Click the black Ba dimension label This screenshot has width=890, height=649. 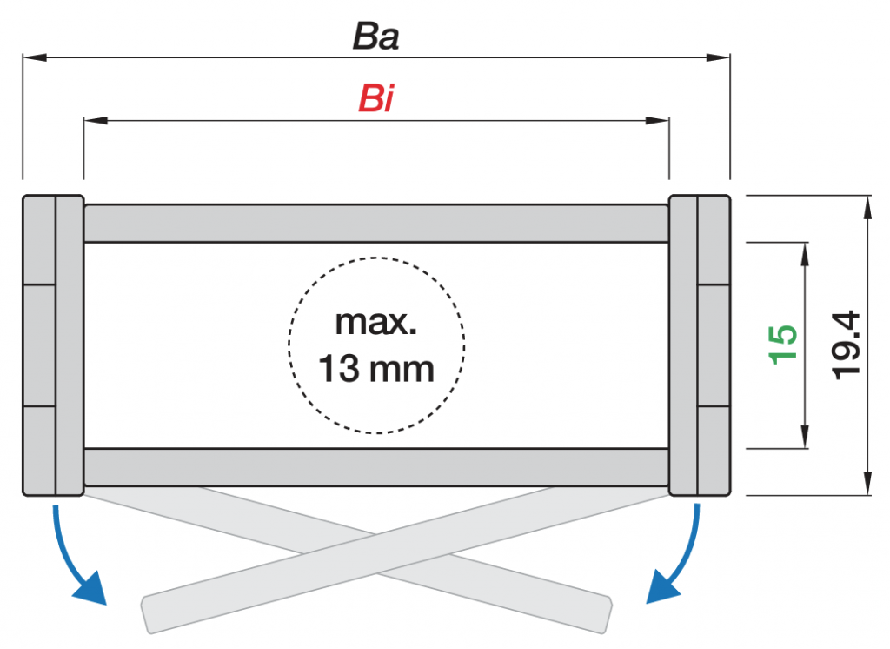coord(375,37)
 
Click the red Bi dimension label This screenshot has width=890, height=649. coord(375,98)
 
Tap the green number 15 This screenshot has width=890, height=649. coord(782,344)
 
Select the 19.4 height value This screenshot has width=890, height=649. coord(845,345)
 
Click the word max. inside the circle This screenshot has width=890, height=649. coord(375,322)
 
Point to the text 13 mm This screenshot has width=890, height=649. coord(375,368)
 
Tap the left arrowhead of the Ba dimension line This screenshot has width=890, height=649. coord(34,57)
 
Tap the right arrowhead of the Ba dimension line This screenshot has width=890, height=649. coord(718,57)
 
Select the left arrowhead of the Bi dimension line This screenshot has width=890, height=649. coord(96,120)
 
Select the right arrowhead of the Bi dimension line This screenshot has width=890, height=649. coord(657,120)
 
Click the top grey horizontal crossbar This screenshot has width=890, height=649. coord(375,224)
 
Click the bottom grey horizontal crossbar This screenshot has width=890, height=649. coord(375,467)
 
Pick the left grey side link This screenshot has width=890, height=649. coord(53,345)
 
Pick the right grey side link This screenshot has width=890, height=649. coord(700,345)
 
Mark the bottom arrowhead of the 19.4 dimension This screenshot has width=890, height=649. coord(867,484)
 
